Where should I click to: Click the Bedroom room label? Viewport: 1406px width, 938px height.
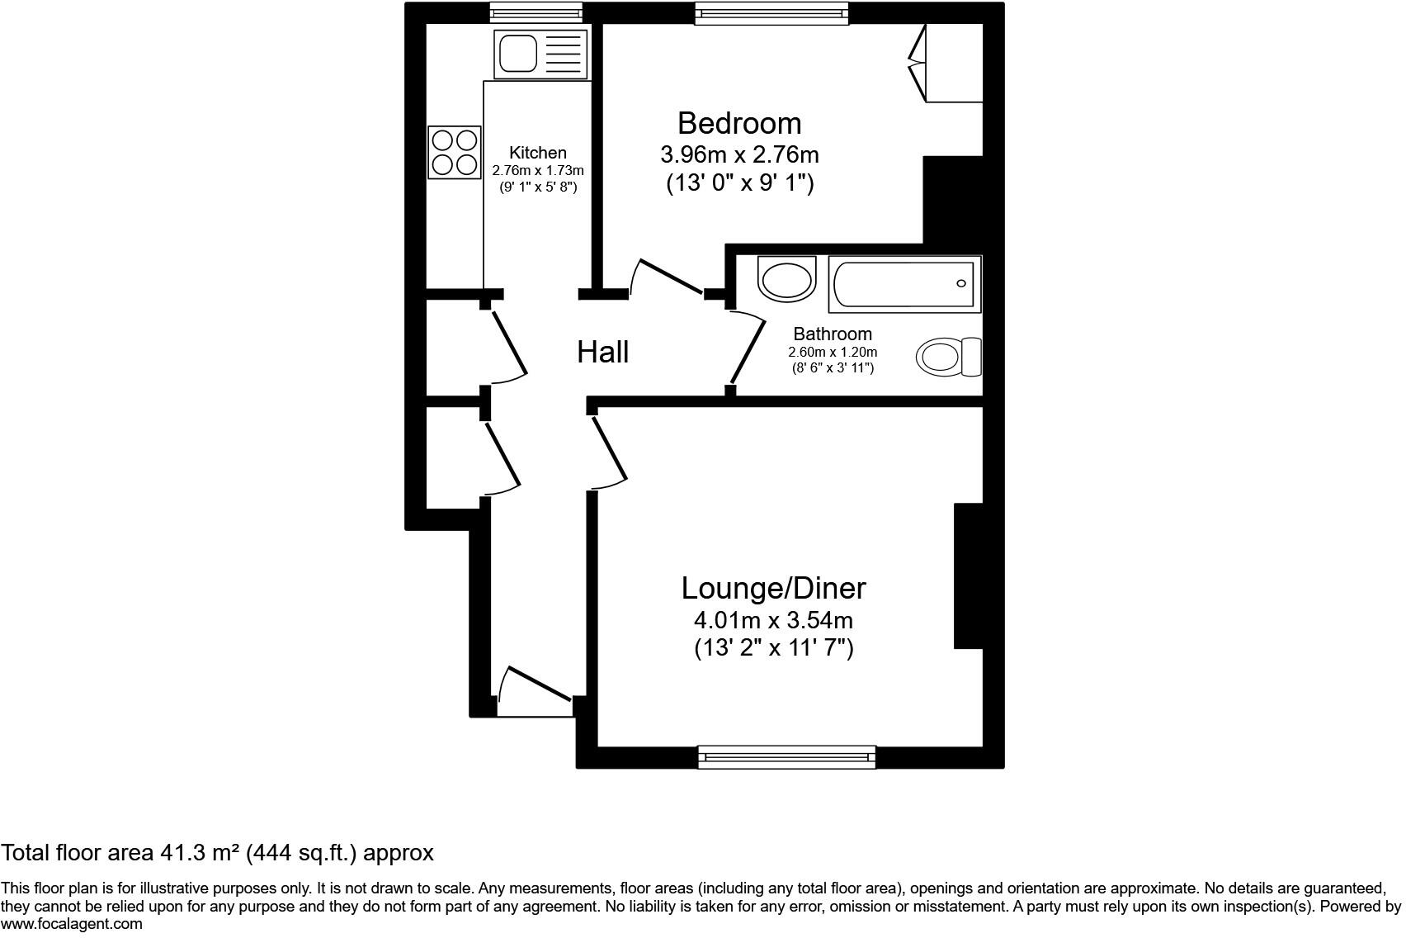tap(739, 123)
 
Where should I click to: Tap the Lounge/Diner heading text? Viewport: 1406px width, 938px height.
tap(773, 589)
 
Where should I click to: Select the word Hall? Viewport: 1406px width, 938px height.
tap(602, 352)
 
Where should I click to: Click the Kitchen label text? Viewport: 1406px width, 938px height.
tap(538, 153)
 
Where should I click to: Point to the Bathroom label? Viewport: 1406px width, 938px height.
tap(833, 334)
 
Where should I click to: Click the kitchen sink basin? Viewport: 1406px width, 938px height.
tap(518, 54)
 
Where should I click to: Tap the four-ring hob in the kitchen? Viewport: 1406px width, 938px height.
tap(455, 152)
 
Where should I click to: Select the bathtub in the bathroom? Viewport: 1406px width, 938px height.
tap(904, 284)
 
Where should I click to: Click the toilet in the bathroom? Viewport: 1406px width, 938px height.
tap(948, 357)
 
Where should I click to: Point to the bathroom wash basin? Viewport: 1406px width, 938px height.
tap(787, 277)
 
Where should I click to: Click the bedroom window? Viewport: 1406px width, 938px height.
tap(771, 13)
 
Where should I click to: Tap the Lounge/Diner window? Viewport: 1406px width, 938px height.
tap(787, 757)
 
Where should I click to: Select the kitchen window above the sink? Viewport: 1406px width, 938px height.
tap(536, 12)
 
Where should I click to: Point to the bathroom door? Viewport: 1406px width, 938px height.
tap(747, 353)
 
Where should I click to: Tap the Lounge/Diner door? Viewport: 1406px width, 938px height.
tap(610, 448)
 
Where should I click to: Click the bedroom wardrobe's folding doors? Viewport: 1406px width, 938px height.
tap(918, 63)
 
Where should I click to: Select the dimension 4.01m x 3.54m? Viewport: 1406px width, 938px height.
tap(773, 621)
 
